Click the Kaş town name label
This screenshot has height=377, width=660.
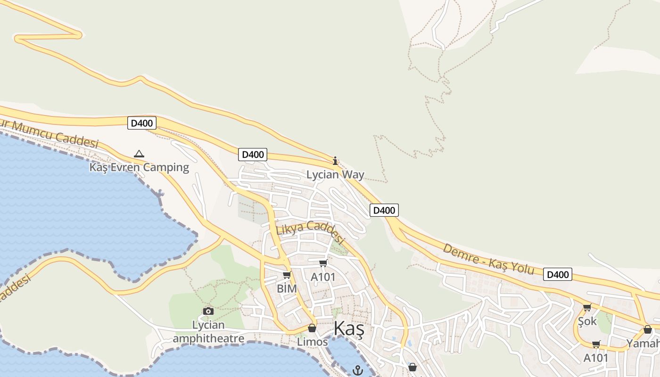coord(349,329)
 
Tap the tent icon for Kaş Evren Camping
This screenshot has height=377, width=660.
coord(139,154)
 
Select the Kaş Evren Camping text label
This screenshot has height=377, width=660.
coord(139,167)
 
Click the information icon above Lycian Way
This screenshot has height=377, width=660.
coord(335,161)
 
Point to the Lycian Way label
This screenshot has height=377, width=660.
coord(335,175)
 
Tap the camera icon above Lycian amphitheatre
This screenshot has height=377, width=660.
coord(208,311)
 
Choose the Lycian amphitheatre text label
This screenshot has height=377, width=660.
coord(208,332)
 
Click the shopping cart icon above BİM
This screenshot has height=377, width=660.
coord(287,275)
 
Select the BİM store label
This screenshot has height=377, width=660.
coord(287,288)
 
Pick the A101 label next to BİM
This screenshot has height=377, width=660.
coord(323,277)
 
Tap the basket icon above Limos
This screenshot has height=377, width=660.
coord(312,328)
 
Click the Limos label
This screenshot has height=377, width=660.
coord(312,342)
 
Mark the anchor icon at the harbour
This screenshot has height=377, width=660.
coord(357,370)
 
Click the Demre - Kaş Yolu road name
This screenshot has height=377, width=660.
coord(488,259)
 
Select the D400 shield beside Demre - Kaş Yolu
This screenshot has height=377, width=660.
coord(557,274)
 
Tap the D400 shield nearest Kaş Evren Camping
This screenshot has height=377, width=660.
coord(141,123)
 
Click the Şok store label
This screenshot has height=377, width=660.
coord(587,321)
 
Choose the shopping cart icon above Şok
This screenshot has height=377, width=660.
coord(587,308)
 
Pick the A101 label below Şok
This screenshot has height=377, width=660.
coord(596,358)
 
